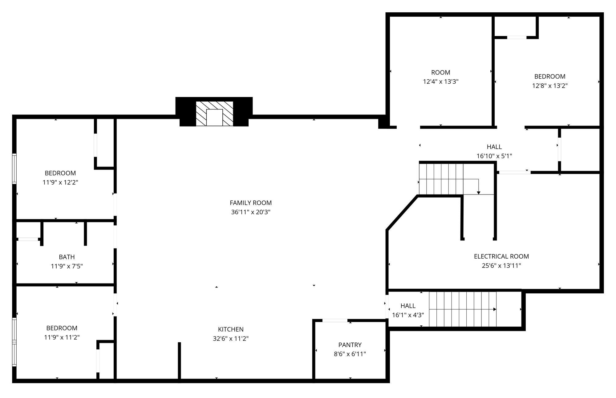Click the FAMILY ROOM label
click(x=251, y=203)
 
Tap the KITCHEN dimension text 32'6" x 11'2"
click(x=231, y=339)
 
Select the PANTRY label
click(x=350, y=345)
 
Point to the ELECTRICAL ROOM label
click(x=501, y=256)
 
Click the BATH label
click(x=67, y=257)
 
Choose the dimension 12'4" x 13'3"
click(x=441, y=82)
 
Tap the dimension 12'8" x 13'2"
click(x=550, y=86)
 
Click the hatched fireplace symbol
click(x=214, y=114)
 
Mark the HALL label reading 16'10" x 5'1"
click(x=494, y=147)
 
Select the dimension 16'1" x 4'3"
click(x=408, y=315)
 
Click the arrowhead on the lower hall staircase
click(x=495, y=309)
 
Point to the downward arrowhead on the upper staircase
click(x=479, y=193)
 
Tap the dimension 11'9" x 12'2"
click(x=60, y=182)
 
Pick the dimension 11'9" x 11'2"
click(x=62, y=337)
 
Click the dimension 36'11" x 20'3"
click(x=251, y=212)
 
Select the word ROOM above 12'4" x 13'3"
click(x=441, y=73)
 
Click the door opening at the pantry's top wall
click(x=335, y=321)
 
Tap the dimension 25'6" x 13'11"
click(x=501, y=266)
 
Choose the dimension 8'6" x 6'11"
click(x=350, y=354)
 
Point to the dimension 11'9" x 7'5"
click(x=67, y=266)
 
